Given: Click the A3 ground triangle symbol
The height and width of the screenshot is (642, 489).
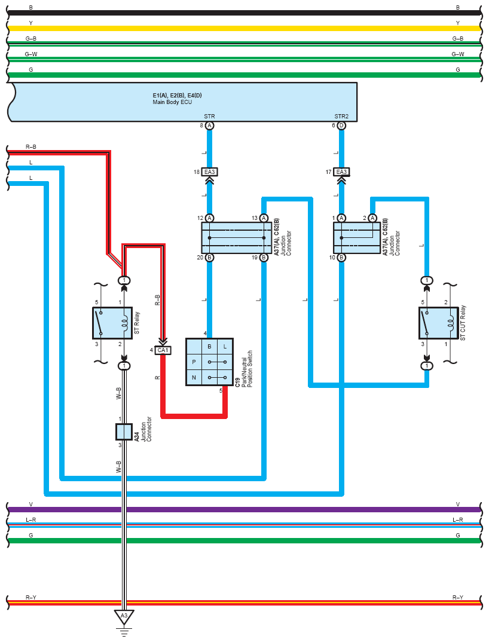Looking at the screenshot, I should [x=124, y=616].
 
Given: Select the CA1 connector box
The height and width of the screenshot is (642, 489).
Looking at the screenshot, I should [x=163, y=350].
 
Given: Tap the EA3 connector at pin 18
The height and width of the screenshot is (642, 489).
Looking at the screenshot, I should [x=209, y=172].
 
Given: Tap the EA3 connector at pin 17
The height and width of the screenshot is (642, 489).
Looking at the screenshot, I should [x=341, y=172].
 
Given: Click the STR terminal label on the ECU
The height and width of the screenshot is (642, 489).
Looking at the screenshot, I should [x=209, y=116].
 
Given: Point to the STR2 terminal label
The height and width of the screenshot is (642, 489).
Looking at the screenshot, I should [x=341, y=116].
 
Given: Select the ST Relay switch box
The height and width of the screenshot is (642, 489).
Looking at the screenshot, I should [x=112, y=323].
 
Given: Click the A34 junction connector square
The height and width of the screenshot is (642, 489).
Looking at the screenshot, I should [x=124, y=432].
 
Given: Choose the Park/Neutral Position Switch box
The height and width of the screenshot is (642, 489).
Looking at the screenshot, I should [x=209, y=362].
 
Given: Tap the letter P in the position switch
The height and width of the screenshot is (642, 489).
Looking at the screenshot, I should [x=194, y=362].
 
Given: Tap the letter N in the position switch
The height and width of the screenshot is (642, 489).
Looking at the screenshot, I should [x=194, y=377].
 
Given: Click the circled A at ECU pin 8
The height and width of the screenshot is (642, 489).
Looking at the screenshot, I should [x=209, y=126].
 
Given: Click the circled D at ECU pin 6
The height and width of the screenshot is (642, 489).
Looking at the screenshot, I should [x=341, y=126].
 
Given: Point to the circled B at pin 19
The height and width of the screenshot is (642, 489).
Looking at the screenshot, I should [x=264, y=258].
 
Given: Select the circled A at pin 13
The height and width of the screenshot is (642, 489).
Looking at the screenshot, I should [x=264, y=218].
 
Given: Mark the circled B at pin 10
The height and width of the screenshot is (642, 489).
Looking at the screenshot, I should [x=341, y=258].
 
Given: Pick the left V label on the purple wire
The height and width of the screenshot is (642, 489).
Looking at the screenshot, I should [x=31, y=504].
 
